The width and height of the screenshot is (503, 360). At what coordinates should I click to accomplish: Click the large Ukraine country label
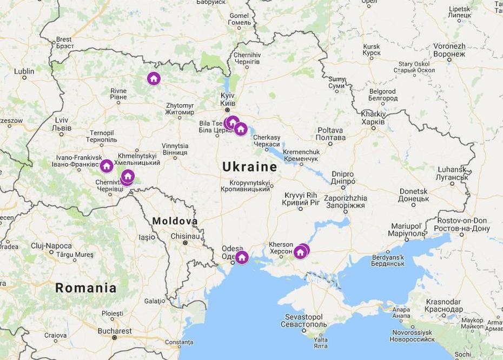[x=249, y=167]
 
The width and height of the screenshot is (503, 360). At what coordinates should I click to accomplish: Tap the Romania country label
[x=85, y=288]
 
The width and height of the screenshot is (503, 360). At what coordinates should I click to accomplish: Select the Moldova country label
[x=175, y=221]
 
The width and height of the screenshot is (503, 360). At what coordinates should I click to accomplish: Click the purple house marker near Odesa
[x=242, y=257]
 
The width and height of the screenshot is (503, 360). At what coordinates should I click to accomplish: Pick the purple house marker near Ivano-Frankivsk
[x=107, y=165]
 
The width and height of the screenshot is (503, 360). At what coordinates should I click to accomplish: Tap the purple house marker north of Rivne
[x=154, y=79]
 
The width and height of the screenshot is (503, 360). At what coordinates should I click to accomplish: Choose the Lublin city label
[x=24, y=71]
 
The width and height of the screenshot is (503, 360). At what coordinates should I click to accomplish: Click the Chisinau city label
[x=185, y=236]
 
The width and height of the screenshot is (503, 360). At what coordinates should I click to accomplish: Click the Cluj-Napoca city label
[x=51, y=246]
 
